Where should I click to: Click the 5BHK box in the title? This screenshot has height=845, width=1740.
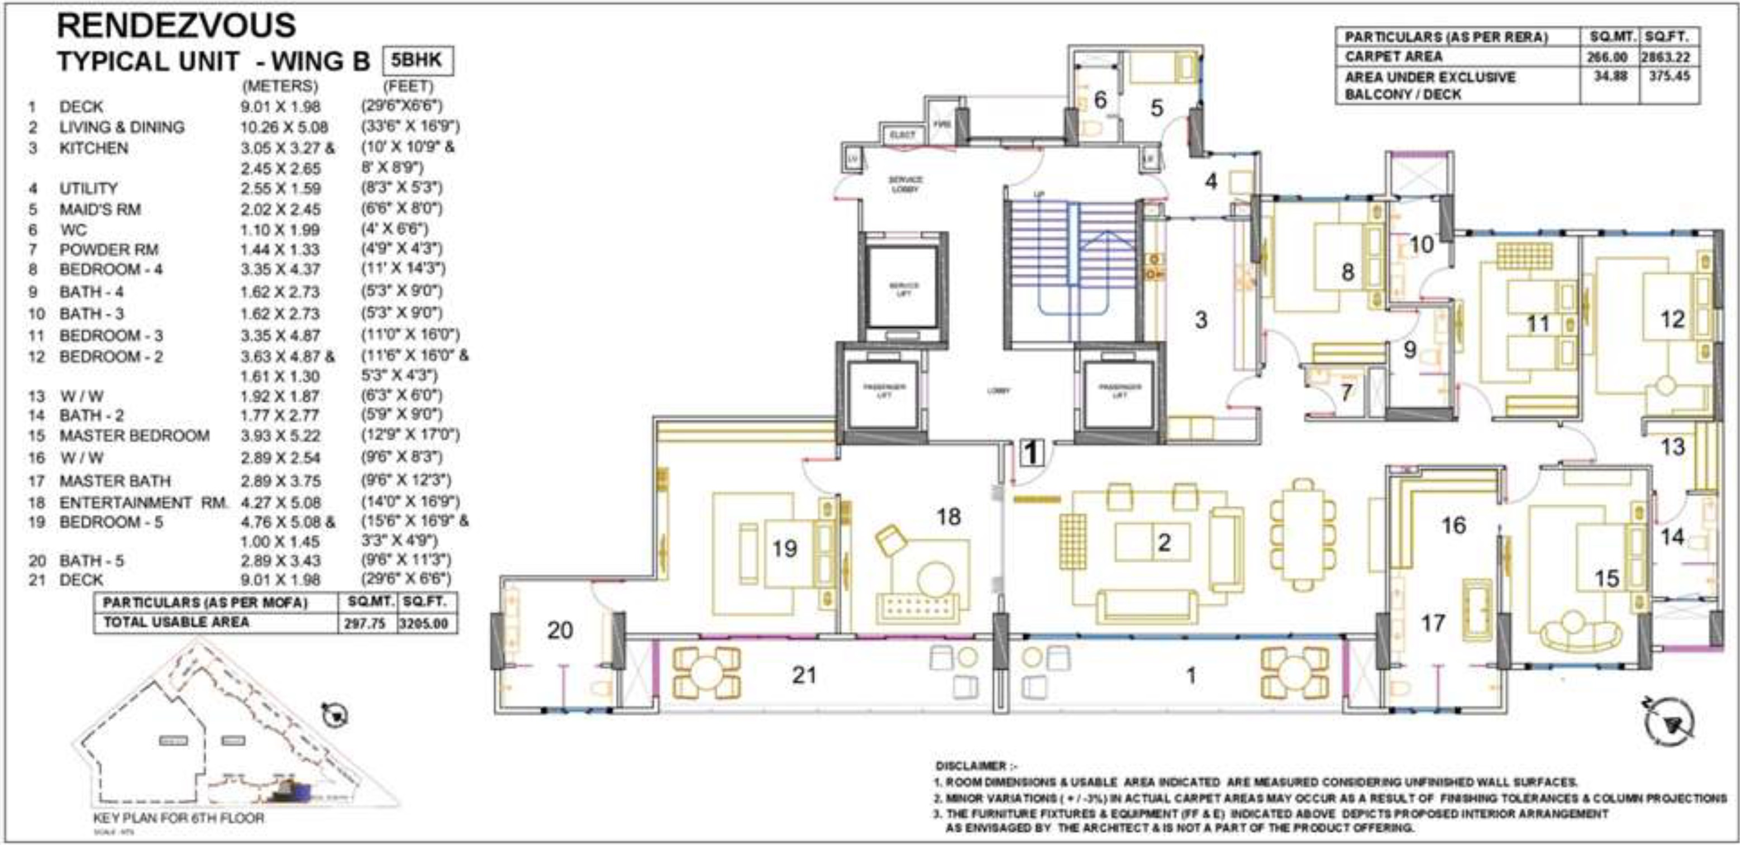point(417,61)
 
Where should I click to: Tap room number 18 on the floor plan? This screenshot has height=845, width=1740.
point(948,517)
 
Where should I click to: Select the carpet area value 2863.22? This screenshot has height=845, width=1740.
point(1670,58)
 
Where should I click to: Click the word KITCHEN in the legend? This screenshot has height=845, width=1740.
point(93,148)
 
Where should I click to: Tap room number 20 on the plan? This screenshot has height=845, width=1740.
point(559,630)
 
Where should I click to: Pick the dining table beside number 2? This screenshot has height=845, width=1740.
point(1303,536)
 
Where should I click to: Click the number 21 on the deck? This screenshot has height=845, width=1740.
point(804,675)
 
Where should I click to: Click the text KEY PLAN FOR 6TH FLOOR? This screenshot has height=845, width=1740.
point(178,818)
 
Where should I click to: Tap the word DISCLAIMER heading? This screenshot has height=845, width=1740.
point(970,766)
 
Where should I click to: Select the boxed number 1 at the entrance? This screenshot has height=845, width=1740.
point(1032,453)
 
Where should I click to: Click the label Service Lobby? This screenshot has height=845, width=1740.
point(905,184)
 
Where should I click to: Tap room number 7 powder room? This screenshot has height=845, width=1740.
point(1346,393)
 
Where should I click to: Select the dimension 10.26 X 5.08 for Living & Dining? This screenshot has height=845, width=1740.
point(284,127)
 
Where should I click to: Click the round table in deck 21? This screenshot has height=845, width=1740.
point(707,673)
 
